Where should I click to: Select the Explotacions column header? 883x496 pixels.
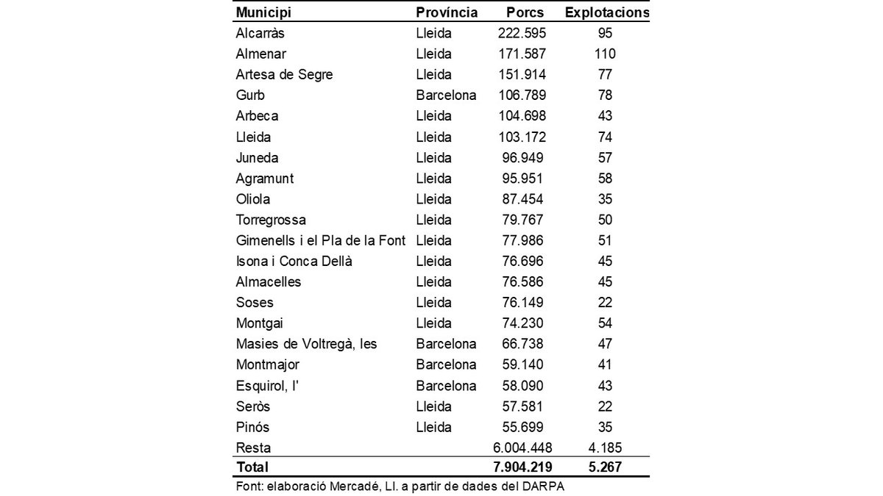[x=606, y=12]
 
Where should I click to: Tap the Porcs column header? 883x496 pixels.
[x=525, y=12]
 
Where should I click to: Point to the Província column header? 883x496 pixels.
[x=447, y=12]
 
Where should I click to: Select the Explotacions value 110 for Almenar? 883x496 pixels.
[x=606, y=54]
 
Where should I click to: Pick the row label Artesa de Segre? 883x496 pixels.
[x=284, y=74]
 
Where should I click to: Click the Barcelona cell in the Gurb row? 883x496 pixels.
[x=446, y=95]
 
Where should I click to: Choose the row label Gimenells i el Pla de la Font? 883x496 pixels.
[x=321, y=240]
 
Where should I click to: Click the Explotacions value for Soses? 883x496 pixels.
[x=606, y=302]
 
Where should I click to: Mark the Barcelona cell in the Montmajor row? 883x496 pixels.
[x=446, y=364]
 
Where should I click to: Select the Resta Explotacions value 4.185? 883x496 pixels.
[x=606, y=447]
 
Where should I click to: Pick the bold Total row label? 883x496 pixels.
[x=252, y=467]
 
